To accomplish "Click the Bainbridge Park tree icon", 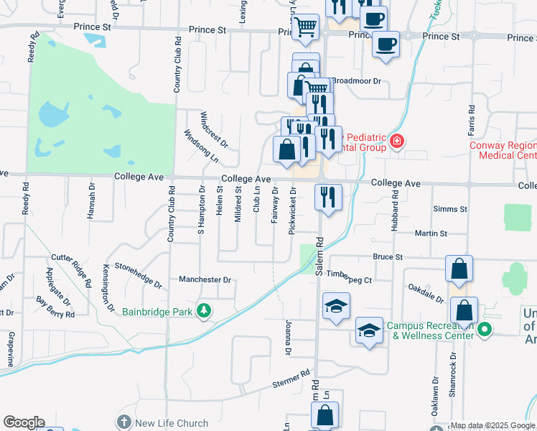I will point(205,311).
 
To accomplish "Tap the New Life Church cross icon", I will point(124,423).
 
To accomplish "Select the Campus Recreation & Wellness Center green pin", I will point(485,330).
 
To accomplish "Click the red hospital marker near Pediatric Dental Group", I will point(396,142).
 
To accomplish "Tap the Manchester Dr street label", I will point(205,280).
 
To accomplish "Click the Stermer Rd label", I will point(291,379).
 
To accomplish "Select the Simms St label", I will point(450,208).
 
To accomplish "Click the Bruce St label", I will point(388,256).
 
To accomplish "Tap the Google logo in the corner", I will point(24,422).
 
